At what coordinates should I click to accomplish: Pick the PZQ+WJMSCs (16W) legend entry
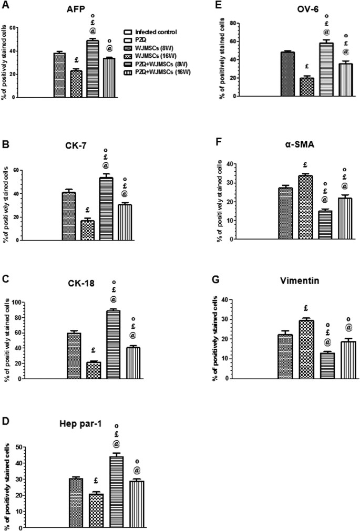155,66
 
